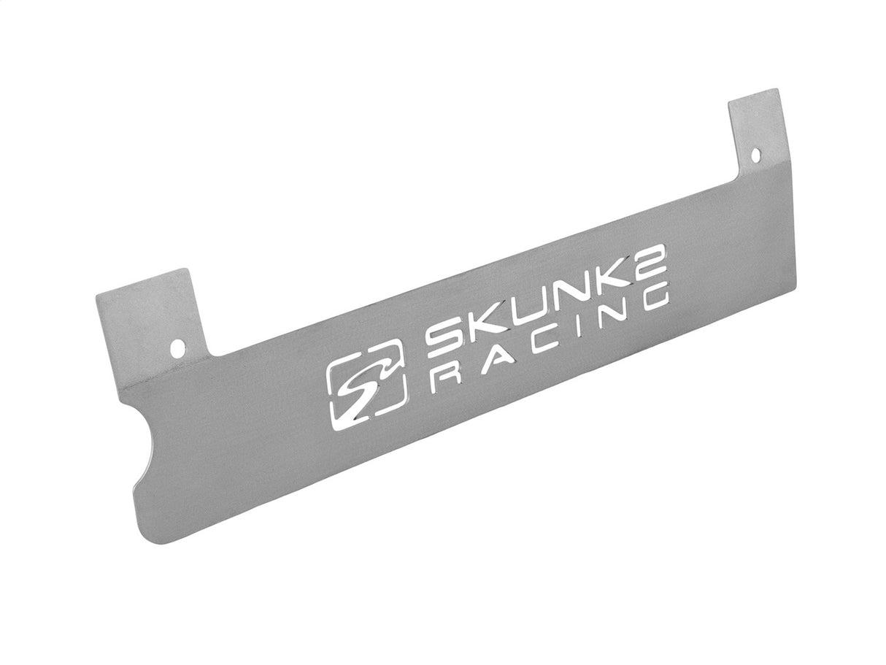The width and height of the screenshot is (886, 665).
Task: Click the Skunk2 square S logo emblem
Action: click(363, 391)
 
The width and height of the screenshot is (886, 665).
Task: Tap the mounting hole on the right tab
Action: click(755, 155)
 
